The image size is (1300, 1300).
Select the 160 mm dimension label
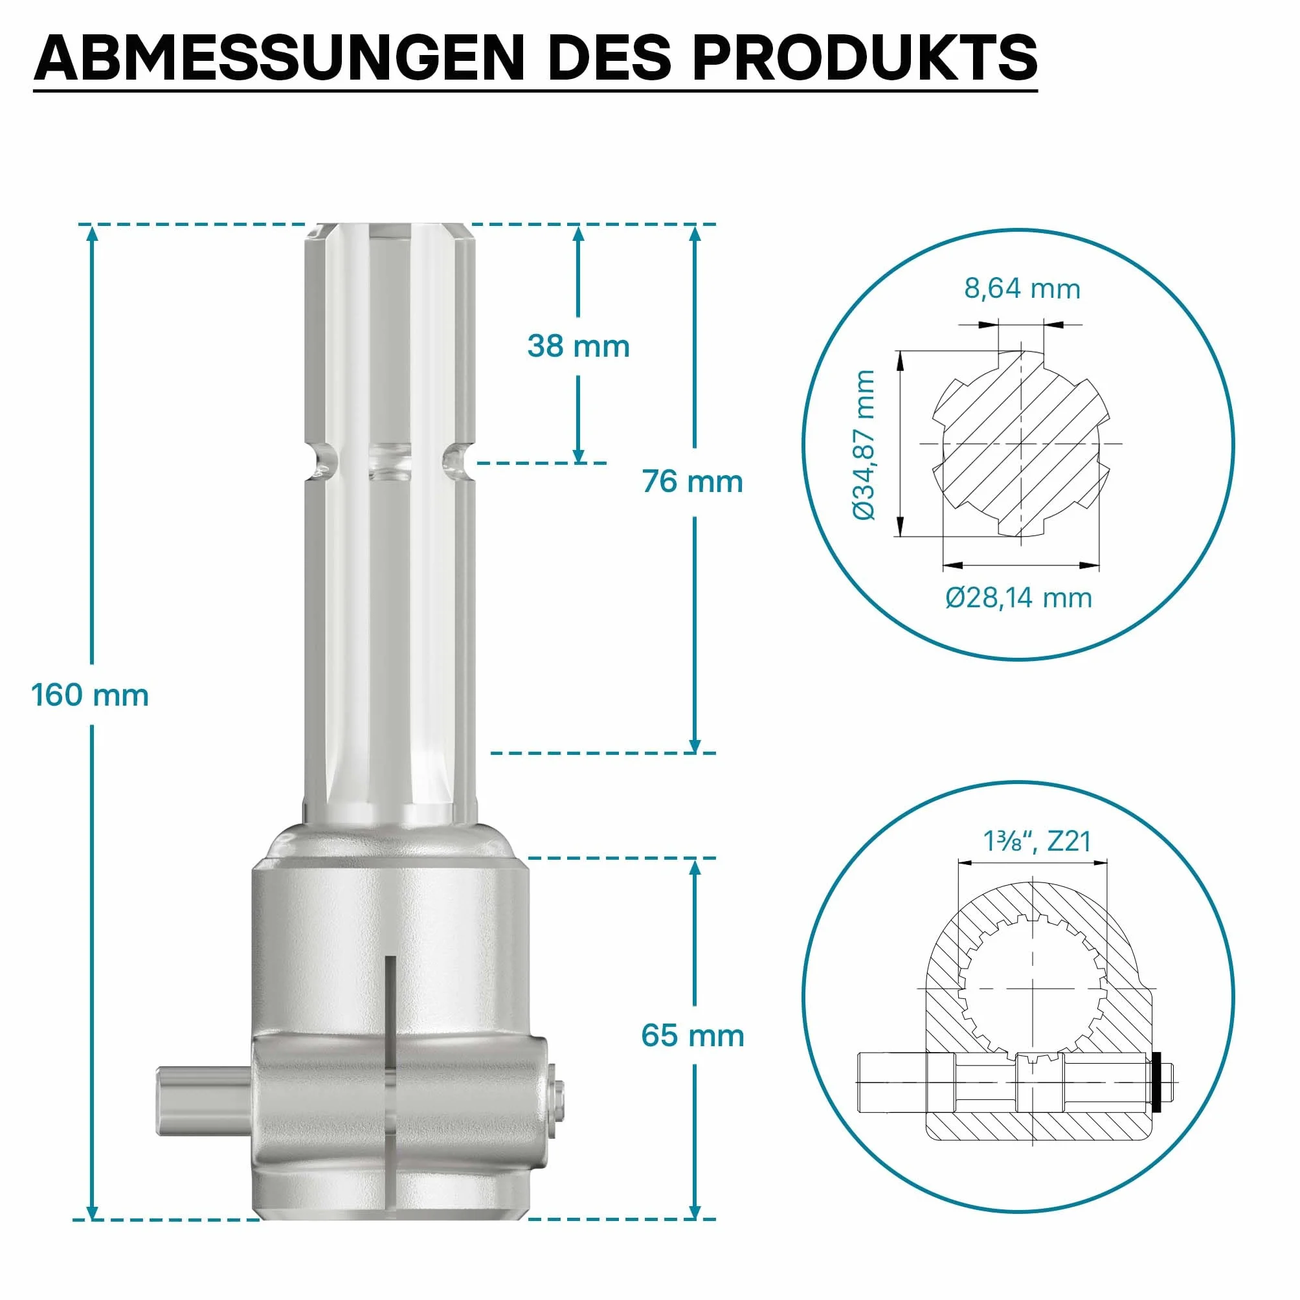90,695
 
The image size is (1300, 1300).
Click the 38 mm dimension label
579,346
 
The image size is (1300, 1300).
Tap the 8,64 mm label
1022,289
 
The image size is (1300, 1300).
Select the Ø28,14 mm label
1018,598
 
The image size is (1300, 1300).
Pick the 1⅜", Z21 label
1037,841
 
